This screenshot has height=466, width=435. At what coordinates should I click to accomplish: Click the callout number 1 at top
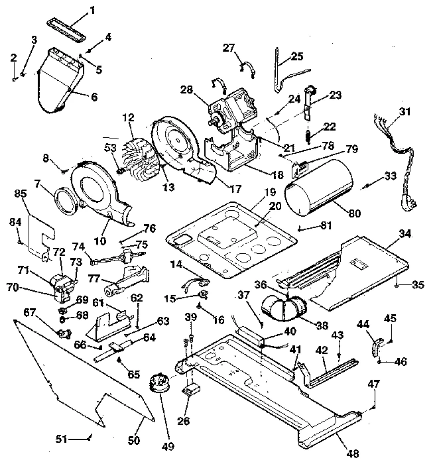click(92, 10)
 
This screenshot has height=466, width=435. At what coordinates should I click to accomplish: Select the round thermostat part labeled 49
click(158, 384)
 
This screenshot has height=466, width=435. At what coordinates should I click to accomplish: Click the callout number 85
click(21, 194)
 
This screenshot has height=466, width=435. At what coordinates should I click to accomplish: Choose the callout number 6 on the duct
click(93, 96)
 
